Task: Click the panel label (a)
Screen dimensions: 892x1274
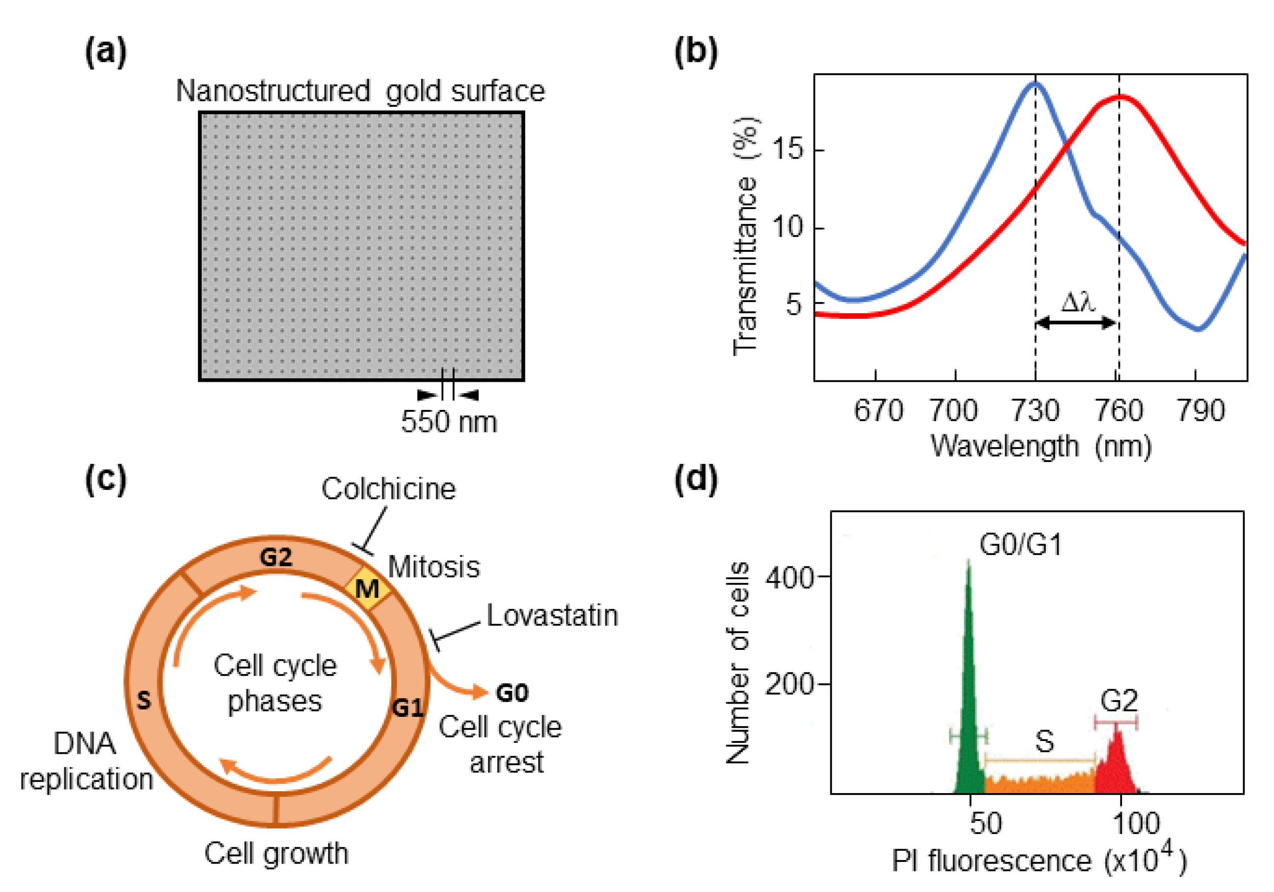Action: (105, 52)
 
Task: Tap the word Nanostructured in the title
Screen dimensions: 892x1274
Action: (273, 91)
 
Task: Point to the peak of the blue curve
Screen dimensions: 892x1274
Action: (1035, 84)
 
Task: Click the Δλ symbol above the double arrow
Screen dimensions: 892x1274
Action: (1078, 303)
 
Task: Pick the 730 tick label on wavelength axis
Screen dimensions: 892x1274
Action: (1035, 411)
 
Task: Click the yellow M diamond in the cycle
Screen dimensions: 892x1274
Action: (367, 588)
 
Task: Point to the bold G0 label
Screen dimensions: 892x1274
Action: (512, 693)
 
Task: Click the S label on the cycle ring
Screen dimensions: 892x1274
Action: (144, 701)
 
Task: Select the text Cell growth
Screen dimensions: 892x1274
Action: (276, 854)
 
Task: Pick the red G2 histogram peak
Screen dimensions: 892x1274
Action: (1117, 761)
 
